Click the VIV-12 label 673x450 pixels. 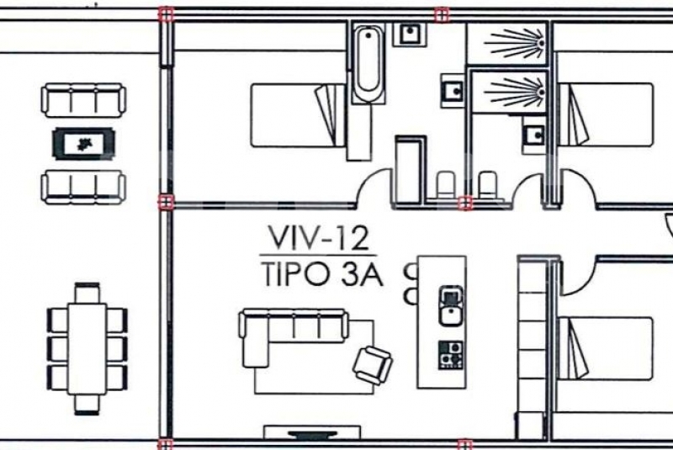(319, 238)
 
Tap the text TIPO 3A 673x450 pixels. (322, 274)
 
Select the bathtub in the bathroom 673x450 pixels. (368, 63)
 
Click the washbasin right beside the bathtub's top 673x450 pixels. (411, 33)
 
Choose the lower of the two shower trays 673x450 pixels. (509, 92)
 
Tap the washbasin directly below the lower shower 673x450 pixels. (534, 135)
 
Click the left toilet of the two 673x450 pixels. (446, 185)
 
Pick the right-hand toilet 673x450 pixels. (488, 185)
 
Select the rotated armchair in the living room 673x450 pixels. (372, 365)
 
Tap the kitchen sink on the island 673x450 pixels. (451, 306)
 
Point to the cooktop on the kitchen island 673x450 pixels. (451, 355)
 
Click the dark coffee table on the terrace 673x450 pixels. (83, 144)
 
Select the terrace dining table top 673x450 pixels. (87, 349)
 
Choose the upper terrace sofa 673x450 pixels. (83, 100)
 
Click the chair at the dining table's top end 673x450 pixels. (87, 293)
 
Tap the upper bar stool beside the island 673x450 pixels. (411, 272)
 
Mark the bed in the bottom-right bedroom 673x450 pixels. (605, 348)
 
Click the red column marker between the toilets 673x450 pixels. (465, 203)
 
